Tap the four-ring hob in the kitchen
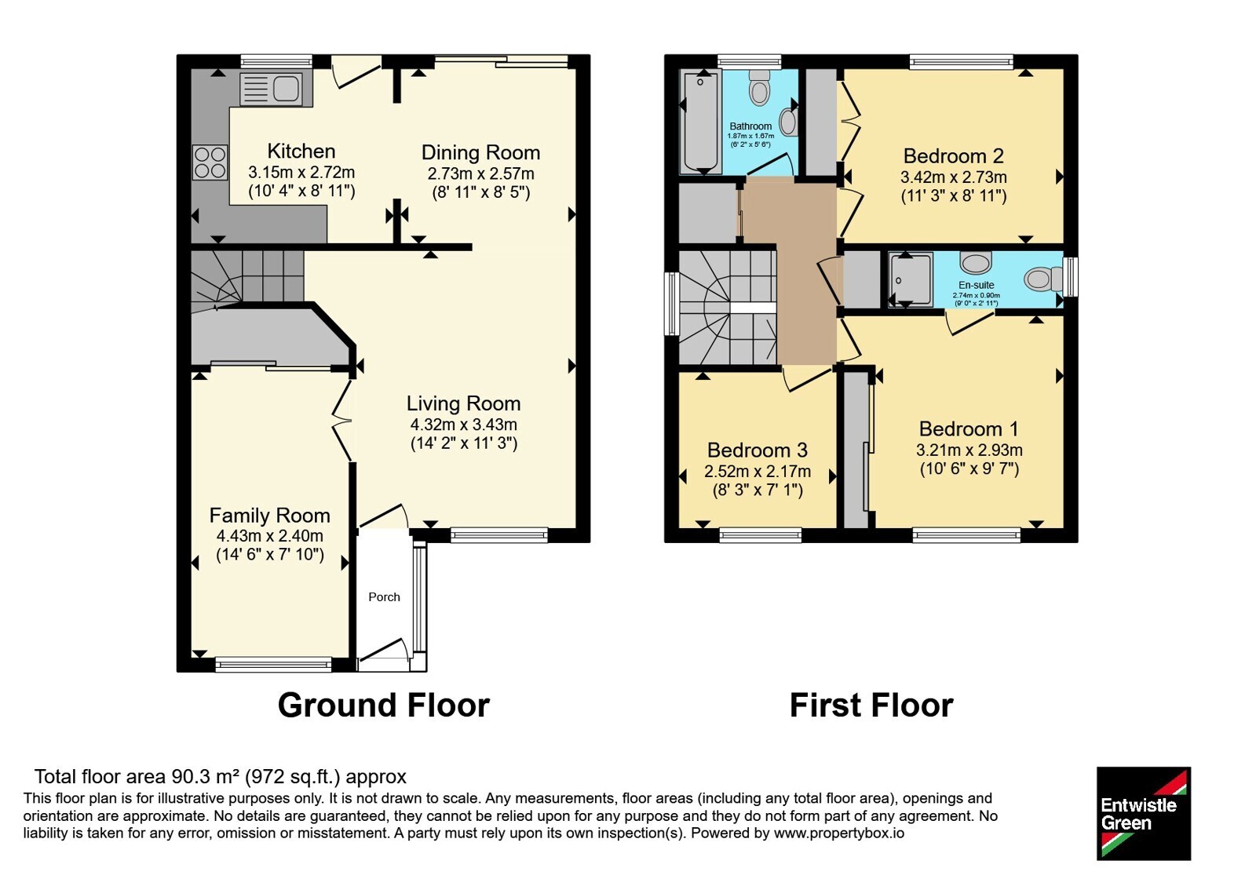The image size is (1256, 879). click(210, 162)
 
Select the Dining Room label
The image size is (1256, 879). click(480, 152)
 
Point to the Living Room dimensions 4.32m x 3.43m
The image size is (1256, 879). click(464, 425)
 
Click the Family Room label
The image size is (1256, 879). click(270, 515)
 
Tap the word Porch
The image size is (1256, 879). click(384, 597)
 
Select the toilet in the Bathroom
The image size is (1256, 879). click(759, 88)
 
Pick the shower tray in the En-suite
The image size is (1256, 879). click(911, 279)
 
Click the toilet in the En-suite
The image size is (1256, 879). click(1044, 279)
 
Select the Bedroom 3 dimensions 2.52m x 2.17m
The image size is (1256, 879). click(758, 471)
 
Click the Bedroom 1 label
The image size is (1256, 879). click(969, 429)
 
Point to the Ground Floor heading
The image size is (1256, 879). click(384, 706)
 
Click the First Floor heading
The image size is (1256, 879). click(871, 706)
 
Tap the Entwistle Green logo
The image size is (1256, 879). click(1144, 813)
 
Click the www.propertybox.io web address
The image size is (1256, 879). click(839, 833)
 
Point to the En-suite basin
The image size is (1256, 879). click(976, 261)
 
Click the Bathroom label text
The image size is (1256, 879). click(750, 126)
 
